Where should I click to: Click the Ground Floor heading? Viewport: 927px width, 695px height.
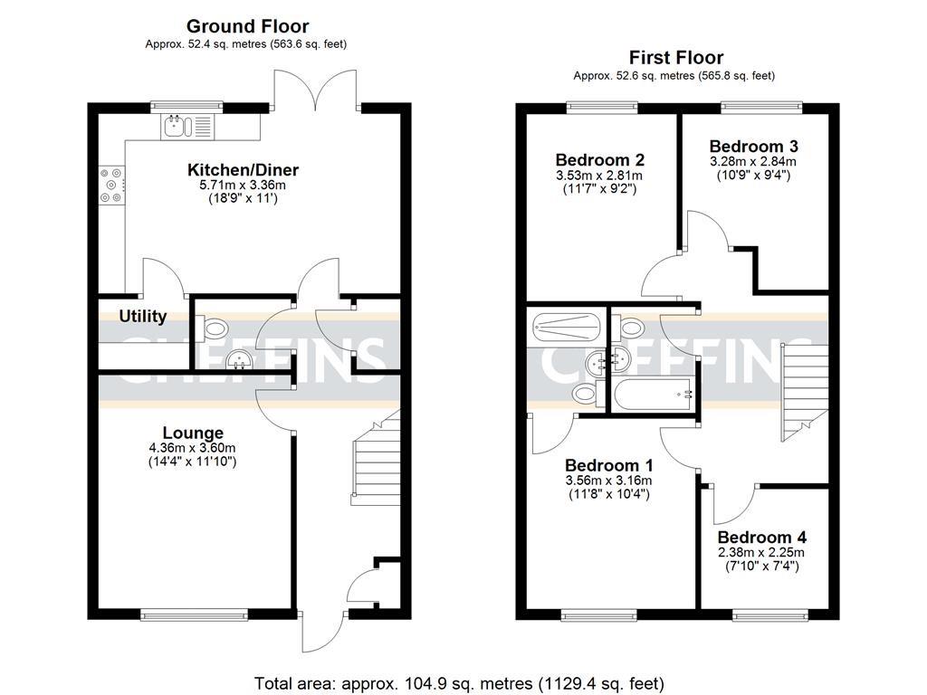coord(247,27)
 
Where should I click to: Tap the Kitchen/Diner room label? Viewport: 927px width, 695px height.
coord(243,170)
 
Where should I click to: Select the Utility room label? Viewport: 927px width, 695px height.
coord(143,316)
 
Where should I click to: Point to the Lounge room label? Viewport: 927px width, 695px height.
coord(193,433)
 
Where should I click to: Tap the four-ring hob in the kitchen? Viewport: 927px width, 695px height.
coord(112,185)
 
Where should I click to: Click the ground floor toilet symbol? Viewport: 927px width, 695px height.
coord(213,327)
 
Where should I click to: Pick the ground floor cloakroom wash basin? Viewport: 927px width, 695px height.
coord(239,360)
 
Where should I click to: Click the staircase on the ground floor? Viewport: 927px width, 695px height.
coord(375,462)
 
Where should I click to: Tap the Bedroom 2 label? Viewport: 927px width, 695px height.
coord(599,159)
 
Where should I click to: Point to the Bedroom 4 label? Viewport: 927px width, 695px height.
coord(761,535)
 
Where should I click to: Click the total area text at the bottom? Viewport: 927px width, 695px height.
coord(459,681)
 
